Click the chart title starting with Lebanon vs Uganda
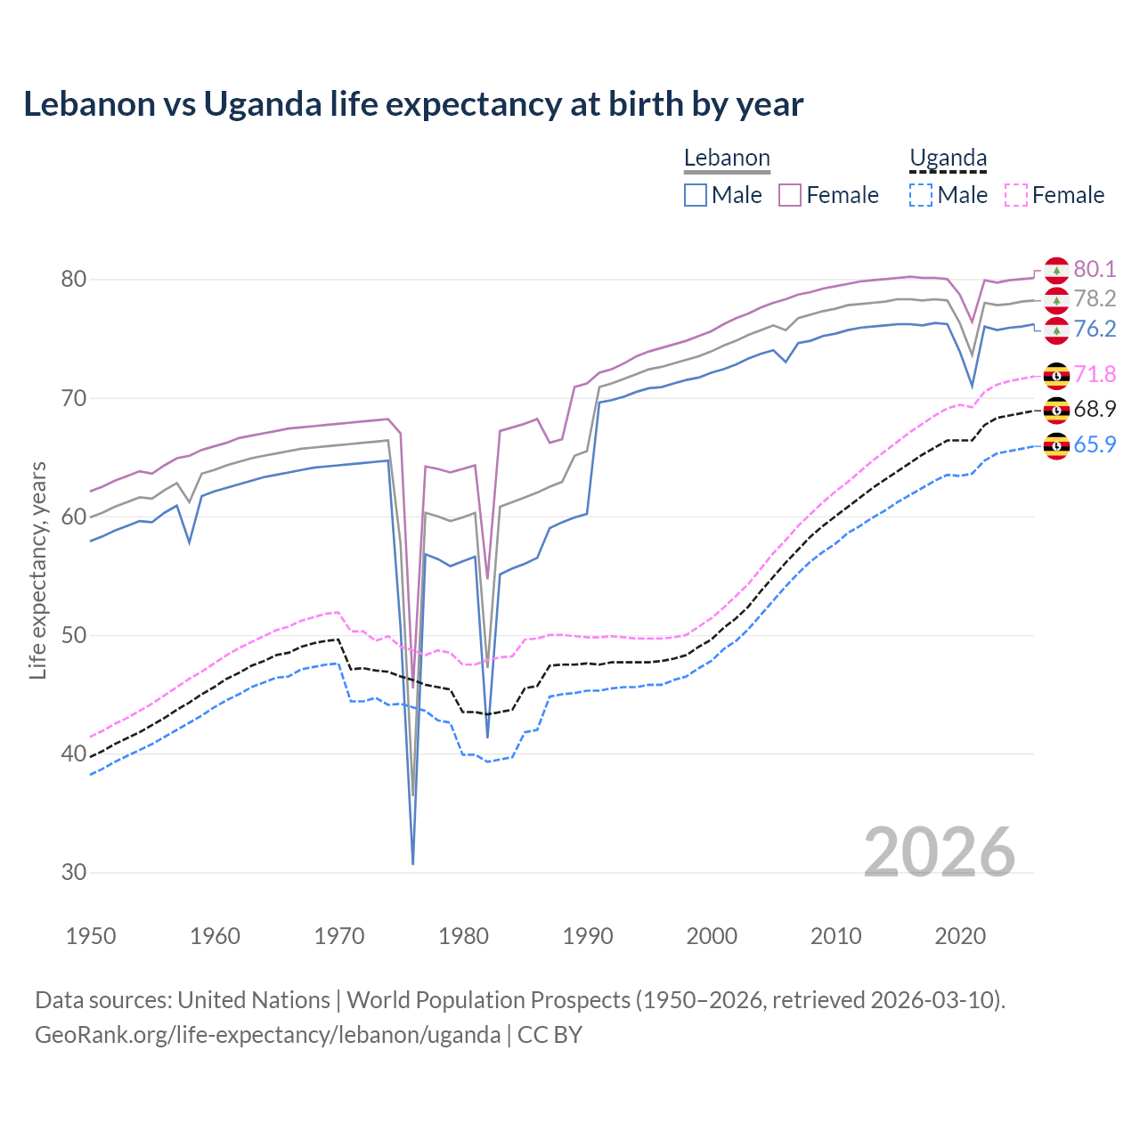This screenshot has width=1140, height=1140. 413,104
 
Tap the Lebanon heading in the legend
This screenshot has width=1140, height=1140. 727,159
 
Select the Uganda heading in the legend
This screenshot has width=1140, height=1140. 948,159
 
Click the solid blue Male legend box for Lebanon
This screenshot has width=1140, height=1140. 696,195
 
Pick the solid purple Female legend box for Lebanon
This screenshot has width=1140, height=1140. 790,195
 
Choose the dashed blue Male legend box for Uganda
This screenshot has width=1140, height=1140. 921,195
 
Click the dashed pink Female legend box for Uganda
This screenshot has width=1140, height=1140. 1015,195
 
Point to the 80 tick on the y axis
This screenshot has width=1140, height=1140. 73,280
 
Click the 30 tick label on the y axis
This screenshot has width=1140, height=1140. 73,873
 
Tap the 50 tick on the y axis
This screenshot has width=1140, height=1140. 73,636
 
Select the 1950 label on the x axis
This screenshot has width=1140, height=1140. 91,936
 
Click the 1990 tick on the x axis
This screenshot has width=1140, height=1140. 588,936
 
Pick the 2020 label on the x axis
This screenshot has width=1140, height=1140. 960,936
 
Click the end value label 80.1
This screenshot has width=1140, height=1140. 1095,270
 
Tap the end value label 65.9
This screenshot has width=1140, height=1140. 1095,444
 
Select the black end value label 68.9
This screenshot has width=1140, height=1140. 1095,410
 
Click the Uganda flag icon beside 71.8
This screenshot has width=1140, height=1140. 1056,376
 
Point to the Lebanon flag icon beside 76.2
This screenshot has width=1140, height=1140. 1056,330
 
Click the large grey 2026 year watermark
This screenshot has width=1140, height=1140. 940,852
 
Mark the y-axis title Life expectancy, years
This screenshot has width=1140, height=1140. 38,570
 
